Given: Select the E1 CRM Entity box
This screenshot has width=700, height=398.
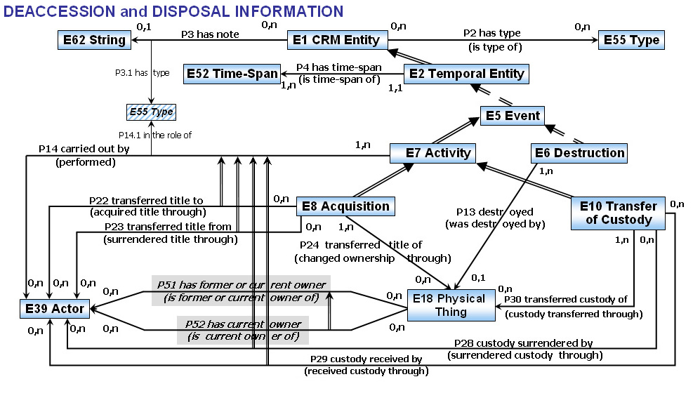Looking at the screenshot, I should (x=337, y=40).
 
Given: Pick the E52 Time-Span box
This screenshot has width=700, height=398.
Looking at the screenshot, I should (x=232, y=73).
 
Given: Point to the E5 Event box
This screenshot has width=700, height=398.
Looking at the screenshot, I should (x=513, y=115).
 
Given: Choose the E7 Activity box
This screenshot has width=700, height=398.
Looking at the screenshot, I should (x=439, y=152).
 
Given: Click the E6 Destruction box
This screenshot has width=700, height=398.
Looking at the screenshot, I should (x=579, y=152).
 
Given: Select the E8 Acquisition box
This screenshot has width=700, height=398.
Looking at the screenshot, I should (x=345, y=206).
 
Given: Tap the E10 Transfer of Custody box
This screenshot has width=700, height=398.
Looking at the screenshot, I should (x=619, y=212).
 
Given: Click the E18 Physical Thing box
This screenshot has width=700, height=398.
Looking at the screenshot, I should (x=451, y=305).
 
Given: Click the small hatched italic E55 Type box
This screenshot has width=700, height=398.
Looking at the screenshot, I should (x=150, y=111).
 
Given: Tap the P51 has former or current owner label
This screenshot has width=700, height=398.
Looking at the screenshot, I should (x=242, y=284).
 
